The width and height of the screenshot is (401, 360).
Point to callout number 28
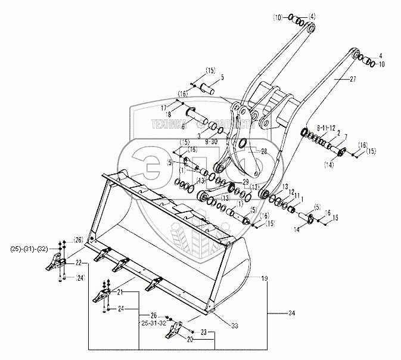(x=264, y=151)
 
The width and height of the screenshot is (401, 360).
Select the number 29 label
(x=244, y=181)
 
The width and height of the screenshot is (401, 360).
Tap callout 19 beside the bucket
(x=265, y=278)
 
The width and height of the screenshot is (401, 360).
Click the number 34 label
(x=291, y=313)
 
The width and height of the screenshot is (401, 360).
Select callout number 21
(x=119, y=291)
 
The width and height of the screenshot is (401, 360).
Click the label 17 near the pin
(x=163, y=107)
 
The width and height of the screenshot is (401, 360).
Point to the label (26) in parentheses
(x=77, y=240)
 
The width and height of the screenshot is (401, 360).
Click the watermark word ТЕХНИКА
(x=169, y=125)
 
